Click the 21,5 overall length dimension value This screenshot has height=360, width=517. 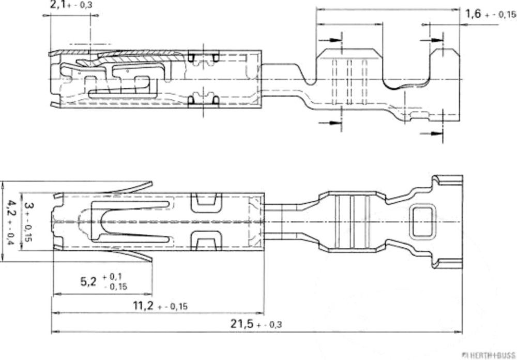click(242, 323)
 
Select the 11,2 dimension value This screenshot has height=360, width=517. click(143, 305)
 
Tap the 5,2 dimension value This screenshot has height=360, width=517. click(88, 281)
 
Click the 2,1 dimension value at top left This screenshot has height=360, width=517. click(58, 5)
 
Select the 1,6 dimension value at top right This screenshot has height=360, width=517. click(473, 14)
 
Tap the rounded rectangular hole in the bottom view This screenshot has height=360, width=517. click(422, 221)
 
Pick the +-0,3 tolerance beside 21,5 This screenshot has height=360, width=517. click(269, 325)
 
